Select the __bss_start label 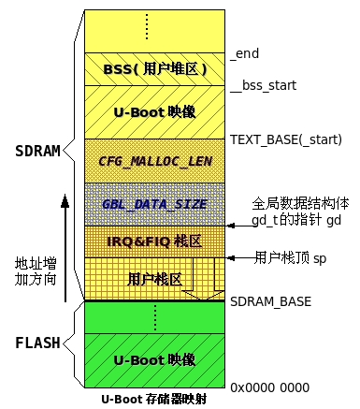click(x=263, y=85)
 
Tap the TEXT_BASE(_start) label click(x=286, y=139)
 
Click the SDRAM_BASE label click(x=270, y=301)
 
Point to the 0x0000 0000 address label click(x=269, y=386)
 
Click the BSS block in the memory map click(x=155, y=68)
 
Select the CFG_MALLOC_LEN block click(x=155, y=160)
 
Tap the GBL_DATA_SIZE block click(x=155, y=203)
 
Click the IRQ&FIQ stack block click(x=155, y=241)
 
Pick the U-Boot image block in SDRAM click(x=155, y=111)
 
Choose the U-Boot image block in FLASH click(x=155, y=359)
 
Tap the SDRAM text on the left click(x=38, y=150)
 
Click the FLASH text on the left click(x=38, y=343)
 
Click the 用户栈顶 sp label click(x=292, y=256)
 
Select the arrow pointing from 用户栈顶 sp click(x=240, y=256)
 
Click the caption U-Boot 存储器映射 click(x=154, y=399)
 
